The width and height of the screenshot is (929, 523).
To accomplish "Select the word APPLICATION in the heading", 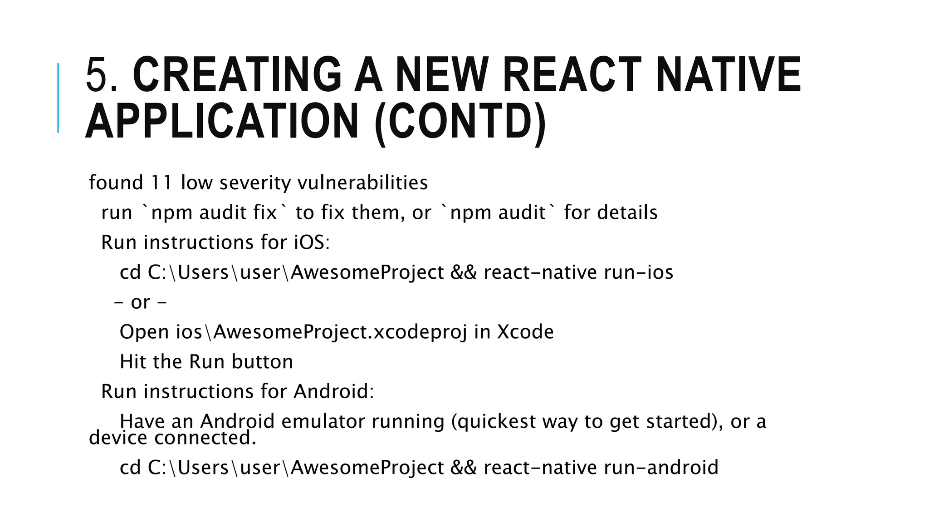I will (222, 122).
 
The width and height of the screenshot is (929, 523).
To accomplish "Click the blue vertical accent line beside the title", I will (58, 98).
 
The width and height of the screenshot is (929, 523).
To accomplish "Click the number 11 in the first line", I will (161, 183).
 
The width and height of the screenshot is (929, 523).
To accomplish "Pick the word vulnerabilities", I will (362, 183).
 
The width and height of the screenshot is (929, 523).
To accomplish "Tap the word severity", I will (255, 183).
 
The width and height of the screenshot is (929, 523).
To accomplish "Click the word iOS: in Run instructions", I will (312, 242).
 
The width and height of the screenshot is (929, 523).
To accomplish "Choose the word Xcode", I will (525, 332).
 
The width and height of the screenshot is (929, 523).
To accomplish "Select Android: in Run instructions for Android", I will (334, 391).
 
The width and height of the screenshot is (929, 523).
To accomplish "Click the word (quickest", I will (494, 421).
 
